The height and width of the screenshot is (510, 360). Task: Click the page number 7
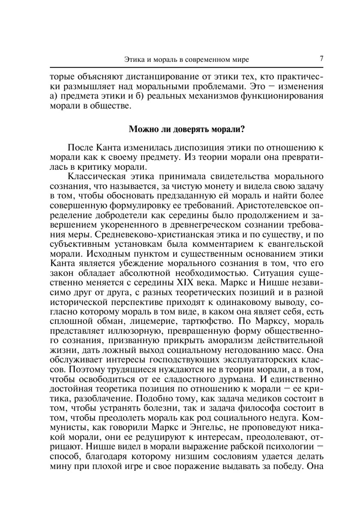(x=321, y=59)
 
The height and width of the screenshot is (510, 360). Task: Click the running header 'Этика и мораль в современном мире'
(x=186, y=59)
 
